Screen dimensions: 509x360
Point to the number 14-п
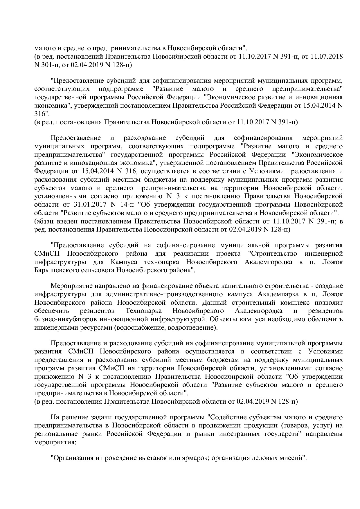point(125,204)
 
